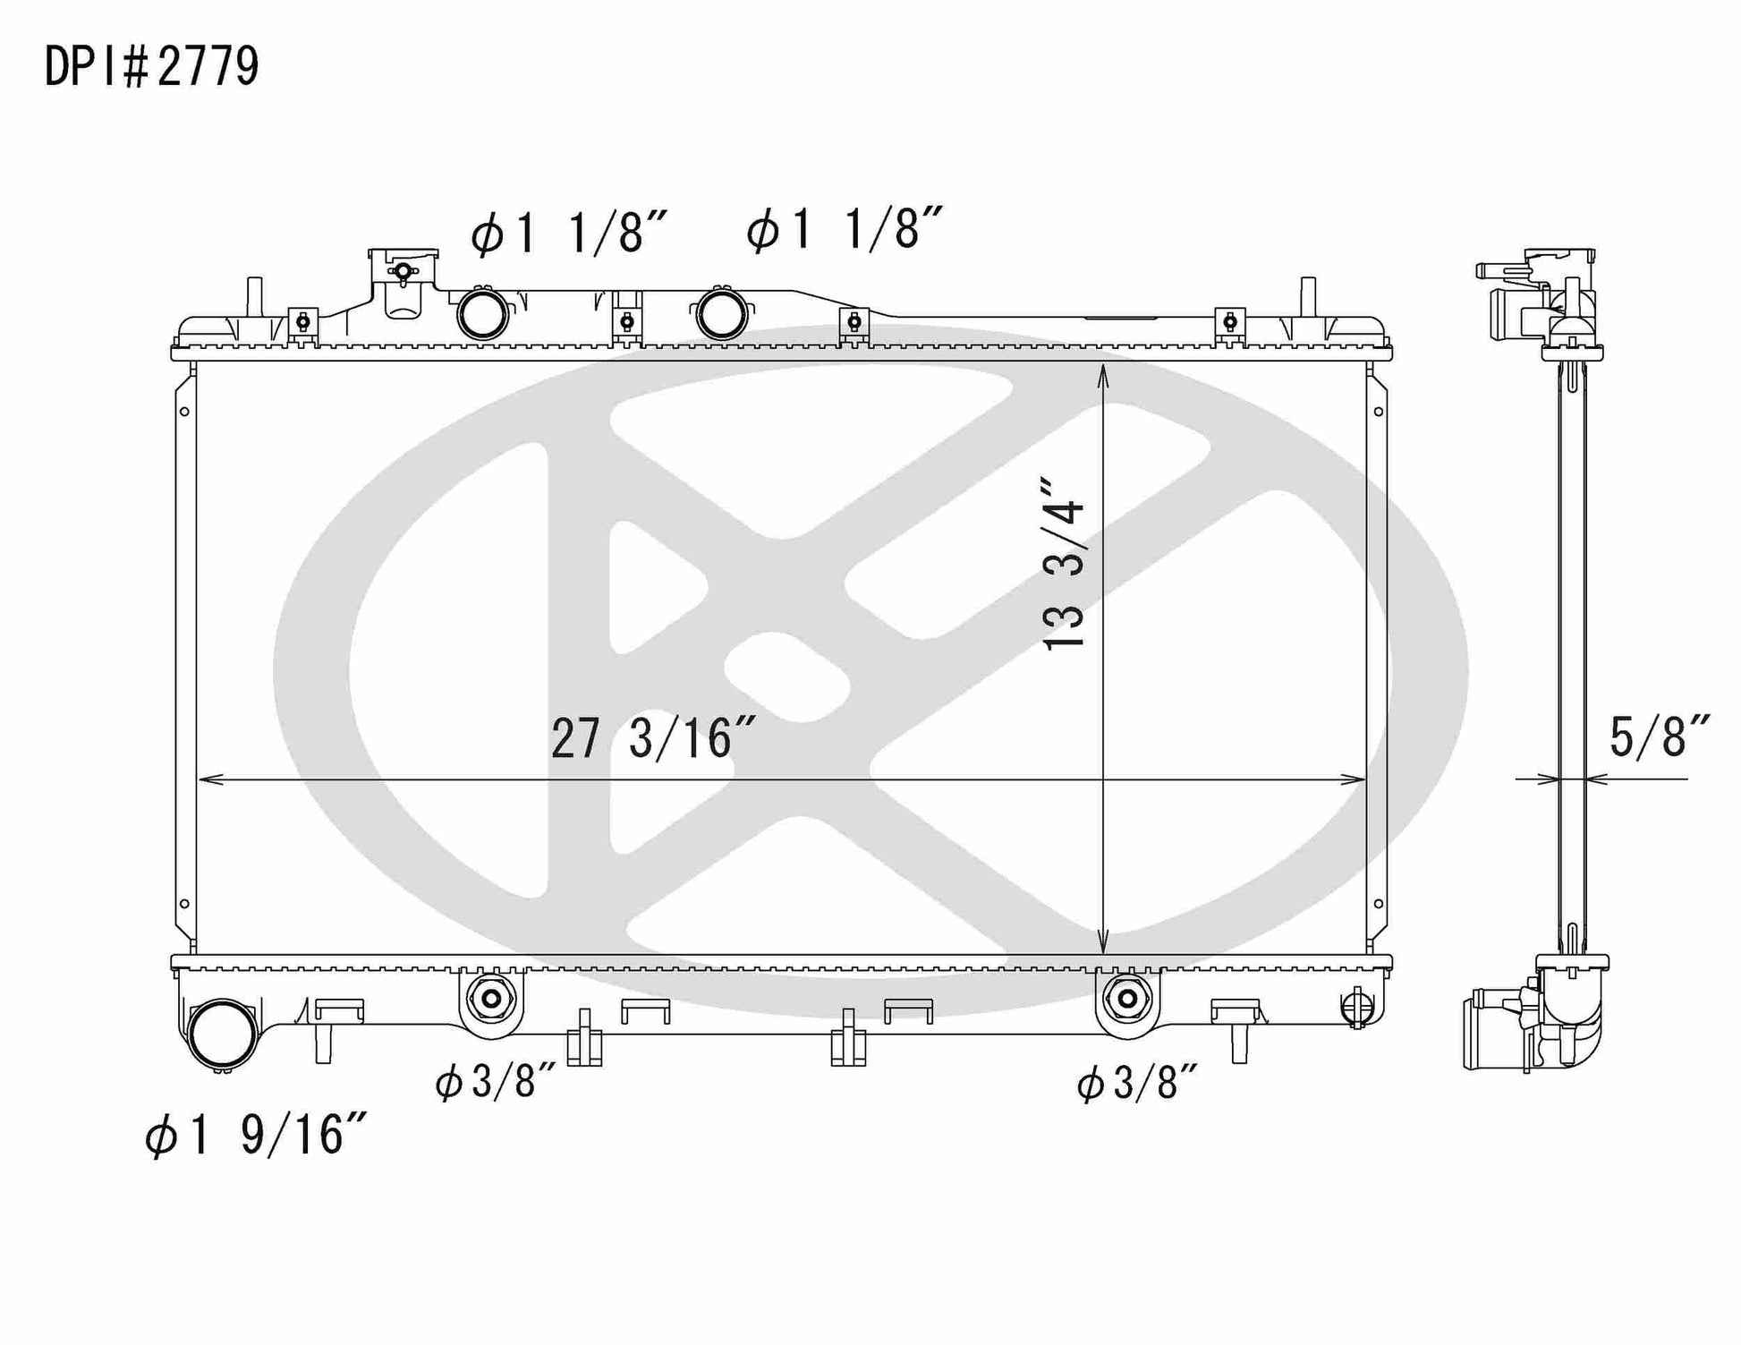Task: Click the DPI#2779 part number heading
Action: [x=152, y=66]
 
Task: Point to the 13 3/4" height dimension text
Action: [x=1064, y=564]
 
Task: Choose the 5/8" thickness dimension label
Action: [x=1660, y=736]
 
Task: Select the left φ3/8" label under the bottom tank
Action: [x=497, y=1083]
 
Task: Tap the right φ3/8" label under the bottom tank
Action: [x=1137, y=1084]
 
